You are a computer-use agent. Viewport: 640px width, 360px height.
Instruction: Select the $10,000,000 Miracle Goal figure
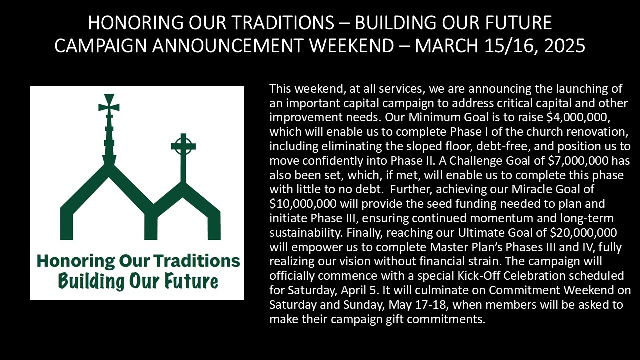click(x=303, y=204)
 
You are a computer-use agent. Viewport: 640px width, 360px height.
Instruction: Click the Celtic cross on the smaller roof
click(x=183, y=146)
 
